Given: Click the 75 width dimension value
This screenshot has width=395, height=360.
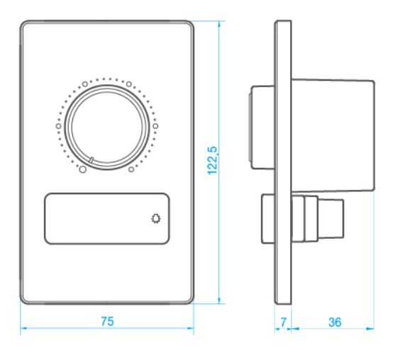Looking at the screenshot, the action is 107,321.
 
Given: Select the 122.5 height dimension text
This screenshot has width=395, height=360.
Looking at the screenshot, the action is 212,160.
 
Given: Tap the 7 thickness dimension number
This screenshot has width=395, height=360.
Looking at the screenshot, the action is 284,322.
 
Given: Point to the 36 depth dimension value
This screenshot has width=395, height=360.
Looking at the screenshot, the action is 335,322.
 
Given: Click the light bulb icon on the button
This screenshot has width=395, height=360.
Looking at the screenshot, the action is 156,218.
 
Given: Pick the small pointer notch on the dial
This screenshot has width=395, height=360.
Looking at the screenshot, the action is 91,159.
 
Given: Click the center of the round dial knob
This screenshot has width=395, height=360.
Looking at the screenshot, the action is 107,127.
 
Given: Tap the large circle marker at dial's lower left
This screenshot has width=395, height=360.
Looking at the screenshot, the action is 83,169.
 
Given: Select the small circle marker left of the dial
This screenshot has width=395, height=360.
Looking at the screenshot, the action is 59,126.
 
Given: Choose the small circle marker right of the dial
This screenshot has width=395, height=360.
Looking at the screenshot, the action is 155,126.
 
